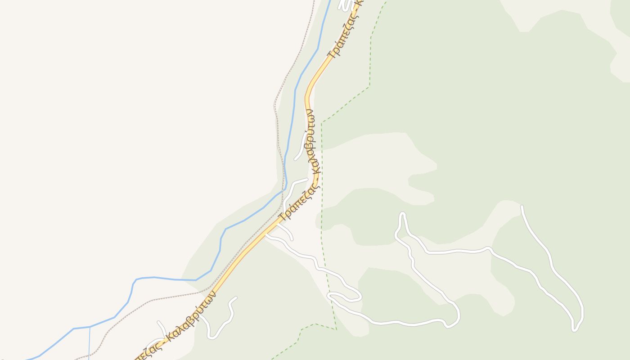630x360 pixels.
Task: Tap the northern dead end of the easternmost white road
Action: click(x=522, y=207)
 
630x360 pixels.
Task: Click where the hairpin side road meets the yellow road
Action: click(x=266, y=235)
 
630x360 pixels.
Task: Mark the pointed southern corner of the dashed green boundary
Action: click(x=336, y=329)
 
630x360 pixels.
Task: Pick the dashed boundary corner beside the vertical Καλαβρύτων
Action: click(x=322, y=122)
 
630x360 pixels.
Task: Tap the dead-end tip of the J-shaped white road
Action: click(x=235, y=297)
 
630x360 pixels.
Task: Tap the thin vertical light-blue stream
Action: click(x=90, y=344)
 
